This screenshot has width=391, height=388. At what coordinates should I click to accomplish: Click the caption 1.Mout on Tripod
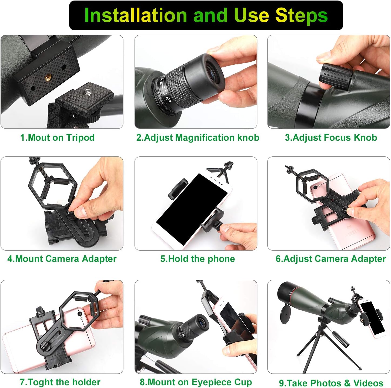coord(57,137)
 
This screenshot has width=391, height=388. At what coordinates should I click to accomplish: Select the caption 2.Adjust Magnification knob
coord(198,137)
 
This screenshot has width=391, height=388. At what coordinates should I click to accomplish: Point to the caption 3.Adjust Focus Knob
coord(331,137)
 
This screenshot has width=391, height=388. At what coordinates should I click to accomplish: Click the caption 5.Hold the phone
coord(198,259)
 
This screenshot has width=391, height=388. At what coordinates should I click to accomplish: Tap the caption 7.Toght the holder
coord(60,382)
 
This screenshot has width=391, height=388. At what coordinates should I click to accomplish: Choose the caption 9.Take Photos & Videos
coord(331,383)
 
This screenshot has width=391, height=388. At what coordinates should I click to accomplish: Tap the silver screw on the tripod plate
coord(88,93)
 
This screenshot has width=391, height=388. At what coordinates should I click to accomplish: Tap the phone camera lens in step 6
coord(315,187)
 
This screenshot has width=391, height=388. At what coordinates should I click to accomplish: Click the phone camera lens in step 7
coord(80,314)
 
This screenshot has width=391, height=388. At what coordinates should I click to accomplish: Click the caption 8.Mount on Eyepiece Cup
coord(196,382)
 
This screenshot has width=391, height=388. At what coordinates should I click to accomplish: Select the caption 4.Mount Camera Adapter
coord(62,259)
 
